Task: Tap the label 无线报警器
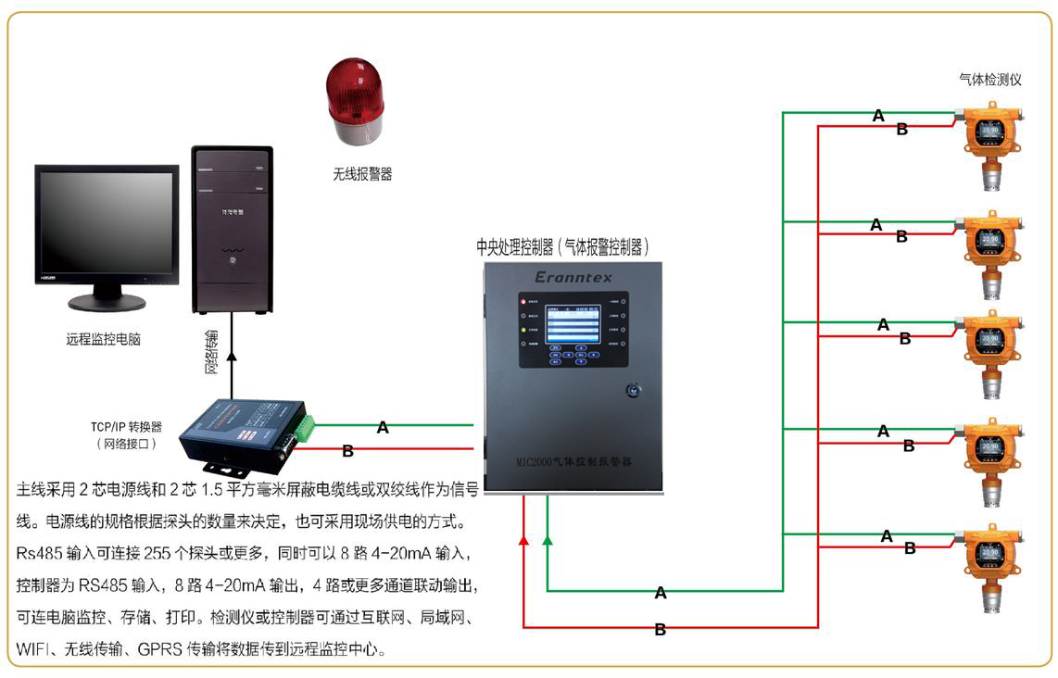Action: [x=362, y=174]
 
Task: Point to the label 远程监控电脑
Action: [x=103, y=340]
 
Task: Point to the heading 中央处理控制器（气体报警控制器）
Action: [x=563, y=247]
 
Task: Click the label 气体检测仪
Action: [x=990, y=81]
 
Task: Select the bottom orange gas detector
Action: [x=990, y=566]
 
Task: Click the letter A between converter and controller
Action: [x=383, y=428]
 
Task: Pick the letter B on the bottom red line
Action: [x=661, y=630]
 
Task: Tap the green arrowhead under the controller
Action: [x=548, y=539]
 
